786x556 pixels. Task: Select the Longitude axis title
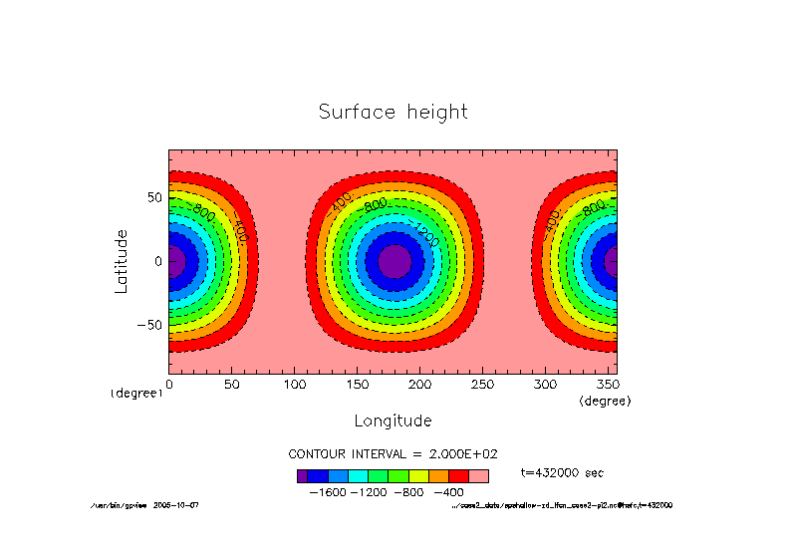[x=393, y=420]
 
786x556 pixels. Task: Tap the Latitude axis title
[x=122, y=260]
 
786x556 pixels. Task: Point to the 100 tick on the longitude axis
[x=294, y=385]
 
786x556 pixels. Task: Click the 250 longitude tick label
[x=482, y=385]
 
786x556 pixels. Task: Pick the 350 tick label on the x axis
[x=608, y=385]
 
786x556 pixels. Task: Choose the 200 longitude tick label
[x=419, y=385]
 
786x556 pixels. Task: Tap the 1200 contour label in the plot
[x=426, y=236]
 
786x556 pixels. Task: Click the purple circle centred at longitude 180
[x=394, y=261]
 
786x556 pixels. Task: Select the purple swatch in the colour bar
[x=302, y=476]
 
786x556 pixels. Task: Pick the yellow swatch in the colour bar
[x=418, y=476]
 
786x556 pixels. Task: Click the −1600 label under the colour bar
[x=330, y=492]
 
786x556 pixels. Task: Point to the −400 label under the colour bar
[x=448, y=492]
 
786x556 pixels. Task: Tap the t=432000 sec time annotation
[x=562, y=472]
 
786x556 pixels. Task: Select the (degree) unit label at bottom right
[x=605, y=400]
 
